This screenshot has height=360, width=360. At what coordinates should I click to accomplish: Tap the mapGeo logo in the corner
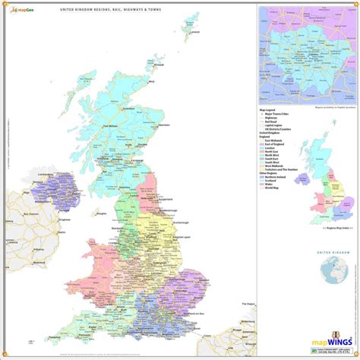click(22, 9)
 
